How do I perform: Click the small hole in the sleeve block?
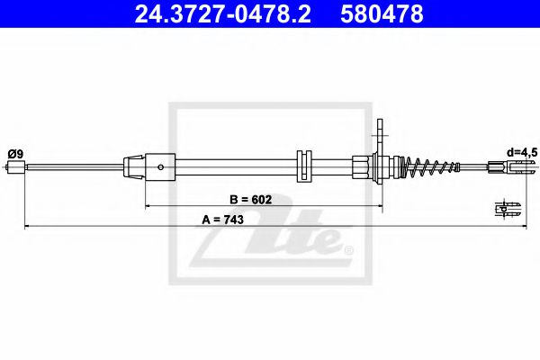[161, 166]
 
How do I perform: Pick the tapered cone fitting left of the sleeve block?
[133, 166]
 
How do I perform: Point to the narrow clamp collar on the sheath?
[302, 166]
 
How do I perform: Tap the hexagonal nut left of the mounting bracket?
[362, 166]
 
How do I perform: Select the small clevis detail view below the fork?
[507, 209]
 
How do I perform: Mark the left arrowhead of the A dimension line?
[27, 227]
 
